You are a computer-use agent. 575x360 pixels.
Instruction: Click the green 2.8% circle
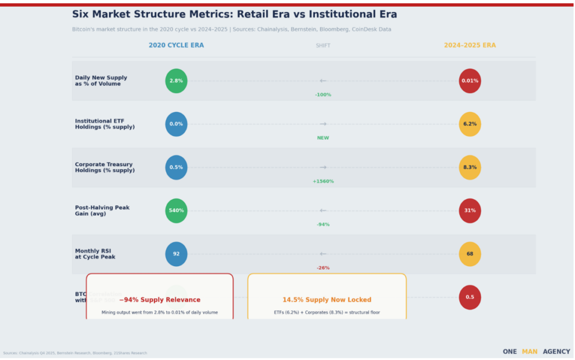pyautogui.click(x=176, y=81)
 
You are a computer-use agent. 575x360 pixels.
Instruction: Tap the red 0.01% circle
pyautogui.click(x=470, y=81)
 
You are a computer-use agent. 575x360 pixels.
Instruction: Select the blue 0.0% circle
pyautogui.click(x=176, y=124)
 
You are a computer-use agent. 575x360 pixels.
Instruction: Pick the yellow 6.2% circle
pyautogui.click(x=470, y=124)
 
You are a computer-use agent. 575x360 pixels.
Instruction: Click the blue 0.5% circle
pyautogui.click(x=176, y=167)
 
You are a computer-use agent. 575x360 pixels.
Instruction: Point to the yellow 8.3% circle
pyautogui.click(x=470, y=167)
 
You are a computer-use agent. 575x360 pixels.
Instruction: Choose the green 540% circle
pyautogui.click(x=176, y=211)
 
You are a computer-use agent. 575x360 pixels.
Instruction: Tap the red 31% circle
pyautogui.click(x=470, y=211)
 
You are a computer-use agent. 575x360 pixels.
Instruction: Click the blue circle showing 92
pyautogui.click(x=176, y=254)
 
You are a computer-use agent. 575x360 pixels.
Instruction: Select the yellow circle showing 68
pyautogui.click(x=470, y=254)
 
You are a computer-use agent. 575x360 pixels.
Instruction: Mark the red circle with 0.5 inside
pyautogui.click(x=470, y=297)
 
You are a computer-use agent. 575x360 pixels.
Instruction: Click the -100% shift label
pyautogui.click(x=323, y=95)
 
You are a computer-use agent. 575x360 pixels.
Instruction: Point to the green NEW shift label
pyautogui.click(x=323, y=138)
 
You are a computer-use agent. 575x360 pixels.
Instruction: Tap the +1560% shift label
pyautogui.click(x=323, y=181)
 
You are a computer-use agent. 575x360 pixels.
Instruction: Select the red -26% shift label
pyautogui.click(x=323, y=268)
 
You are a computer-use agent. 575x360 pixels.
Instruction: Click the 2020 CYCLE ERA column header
pyautogui.click(x=176, y=45)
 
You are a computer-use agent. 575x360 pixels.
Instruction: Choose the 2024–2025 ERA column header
pyautogui.click(x=470, y=45)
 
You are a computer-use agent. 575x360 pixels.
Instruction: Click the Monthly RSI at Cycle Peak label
pyautogui.click(x=95, y=254)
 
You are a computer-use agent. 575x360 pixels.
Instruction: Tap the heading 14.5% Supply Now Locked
pyautogui.click(x=327, y=300)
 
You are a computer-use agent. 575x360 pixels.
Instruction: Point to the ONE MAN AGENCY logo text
pyautogui.click(x=536, y=352)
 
